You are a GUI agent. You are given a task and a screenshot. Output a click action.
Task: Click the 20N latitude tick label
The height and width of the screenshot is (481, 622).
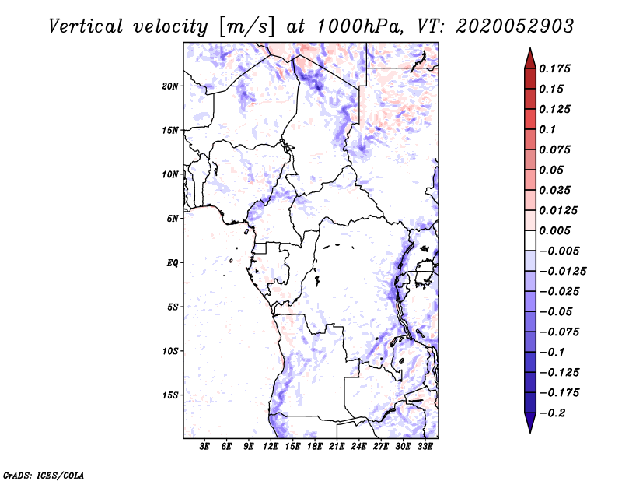coord(170,86)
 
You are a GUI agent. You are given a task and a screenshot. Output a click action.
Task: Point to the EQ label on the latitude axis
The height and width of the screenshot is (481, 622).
coord(172,263)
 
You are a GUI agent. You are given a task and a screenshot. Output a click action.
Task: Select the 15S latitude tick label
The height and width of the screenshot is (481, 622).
coord(170,395)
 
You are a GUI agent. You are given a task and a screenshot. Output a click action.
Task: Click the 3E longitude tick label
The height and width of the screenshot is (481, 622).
coord(205,447)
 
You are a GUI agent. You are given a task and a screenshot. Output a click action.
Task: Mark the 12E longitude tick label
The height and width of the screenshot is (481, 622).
coord(271,447)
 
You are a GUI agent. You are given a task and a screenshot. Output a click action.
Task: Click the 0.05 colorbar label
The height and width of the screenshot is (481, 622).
coord(553,170)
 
